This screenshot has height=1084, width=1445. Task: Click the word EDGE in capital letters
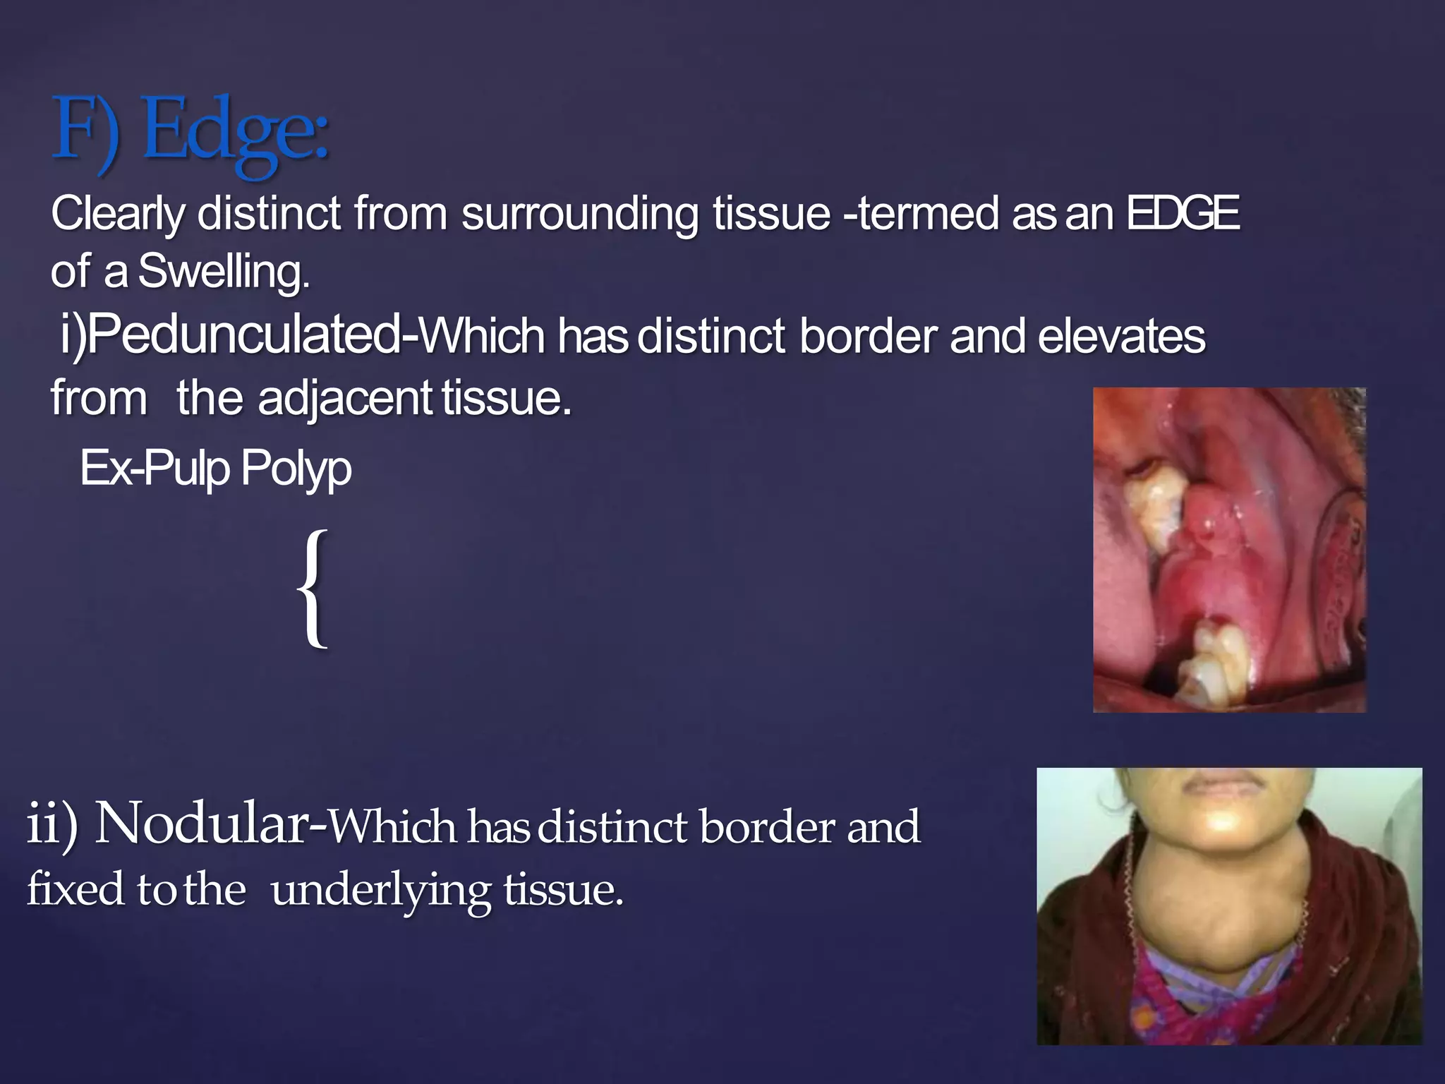tap(1183, 213)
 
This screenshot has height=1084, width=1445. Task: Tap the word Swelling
tap(223, 272)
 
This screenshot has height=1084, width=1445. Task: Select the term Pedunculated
tap(244, 335)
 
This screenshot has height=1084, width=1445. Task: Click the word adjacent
tap(344, 399)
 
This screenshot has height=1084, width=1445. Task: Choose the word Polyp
tap(296, 468)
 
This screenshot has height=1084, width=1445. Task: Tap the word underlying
tap(380, 891)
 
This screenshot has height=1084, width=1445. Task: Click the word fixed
tap(75, 889)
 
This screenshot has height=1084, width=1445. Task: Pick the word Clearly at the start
tap(117, 213)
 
